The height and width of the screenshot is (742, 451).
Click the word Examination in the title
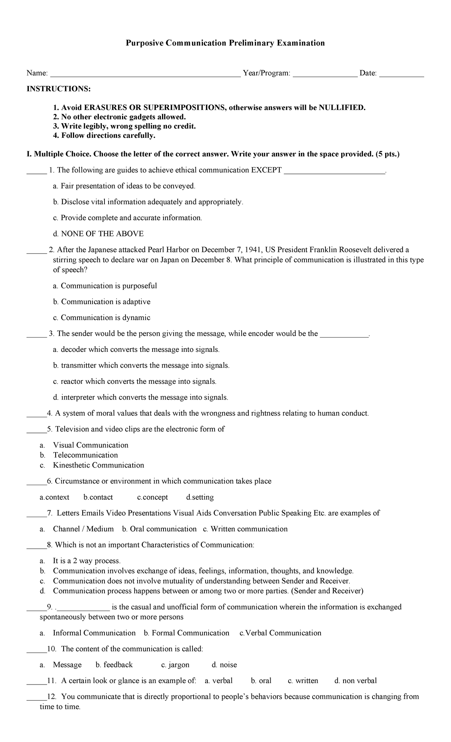[301, 43]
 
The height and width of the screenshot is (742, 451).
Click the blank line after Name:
[145, 74]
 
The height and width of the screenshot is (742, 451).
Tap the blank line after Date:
[401, 74]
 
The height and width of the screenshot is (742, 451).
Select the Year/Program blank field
[325, 74]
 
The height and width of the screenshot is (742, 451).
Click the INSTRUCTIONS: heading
[58, 89]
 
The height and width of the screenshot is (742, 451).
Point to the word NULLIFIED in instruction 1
[342, 108]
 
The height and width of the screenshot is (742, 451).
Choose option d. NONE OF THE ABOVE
[98, 234]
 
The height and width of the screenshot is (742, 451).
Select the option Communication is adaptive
[106, 302]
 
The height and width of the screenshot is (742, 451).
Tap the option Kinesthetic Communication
[98, 465]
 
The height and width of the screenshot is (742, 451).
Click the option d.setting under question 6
[200, 498]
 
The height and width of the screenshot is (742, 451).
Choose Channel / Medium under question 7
[83, 529]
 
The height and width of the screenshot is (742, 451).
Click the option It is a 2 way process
[86, 561]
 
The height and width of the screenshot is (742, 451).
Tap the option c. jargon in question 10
[175, 665]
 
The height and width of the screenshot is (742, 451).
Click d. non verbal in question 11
[356, 681]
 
